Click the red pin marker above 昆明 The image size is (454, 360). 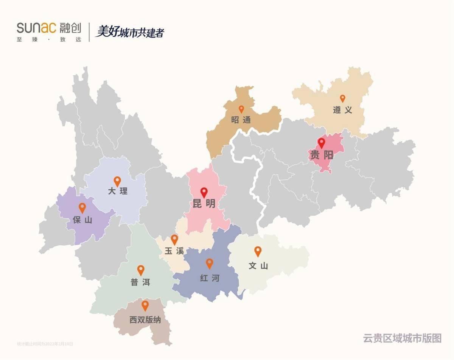[204, 192]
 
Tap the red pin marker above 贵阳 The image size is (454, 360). [322, 143]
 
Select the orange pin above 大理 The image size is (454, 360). [117, 181]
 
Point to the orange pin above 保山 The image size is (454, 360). [82, 207]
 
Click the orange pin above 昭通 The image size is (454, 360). [241, 109]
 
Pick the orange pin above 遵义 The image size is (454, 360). [342, 98]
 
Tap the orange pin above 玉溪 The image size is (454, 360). [174, 239]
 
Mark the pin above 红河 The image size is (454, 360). [209, 263]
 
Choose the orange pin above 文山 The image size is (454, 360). [258, 251]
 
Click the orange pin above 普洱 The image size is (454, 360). [141, 270]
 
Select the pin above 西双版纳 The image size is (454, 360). [145, 305]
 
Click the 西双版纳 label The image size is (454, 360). [145, 320]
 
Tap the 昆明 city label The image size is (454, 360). [204, 204]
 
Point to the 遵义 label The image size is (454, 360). [342, 110]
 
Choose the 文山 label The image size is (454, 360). [258, 266]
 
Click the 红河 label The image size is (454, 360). [209, 278]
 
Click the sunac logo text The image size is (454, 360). [36, 28]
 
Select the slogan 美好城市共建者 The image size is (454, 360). [129, 32]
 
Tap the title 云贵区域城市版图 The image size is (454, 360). [402, 338]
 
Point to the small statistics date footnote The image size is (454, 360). [45, 344]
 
